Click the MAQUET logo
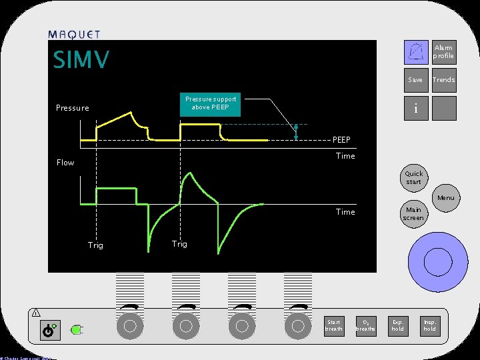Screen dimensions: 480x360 pyautogui.click(x=74, y=35)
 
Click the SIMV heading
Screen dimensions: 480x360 pyautogui.click(x=81, y=60)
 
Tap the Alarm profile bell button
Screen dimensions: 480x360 pyautogui.click(x=417, y=51)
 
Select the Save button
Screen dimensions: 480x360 pyautogui.click(x=415, y=80)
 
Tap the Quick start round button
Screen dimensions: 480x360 pyautogui.click(x=413, y=178)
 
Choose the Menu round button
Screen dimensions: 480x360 pyautogui.click(x=446, y=198)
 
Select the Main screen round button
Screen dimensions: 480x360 pyautogui.click(x=413, y=214)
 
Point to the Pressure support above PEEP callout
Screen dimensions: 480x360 pyautogui.click(x=211, y=103)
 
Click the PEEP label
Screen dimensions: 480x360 pyautogui.click(x=341, y=140)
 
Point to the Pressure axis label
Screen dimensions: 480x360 pyautogui.click(x=72, y=108)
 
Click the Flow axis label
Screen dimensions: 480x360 pyautogui.click(x=65, y=163)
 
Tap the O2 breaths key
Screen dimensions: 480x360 pyautogui.click(x=365, y=325)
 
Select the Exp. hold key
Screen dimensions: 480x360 pyautogui.click(x=398, y=325)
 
